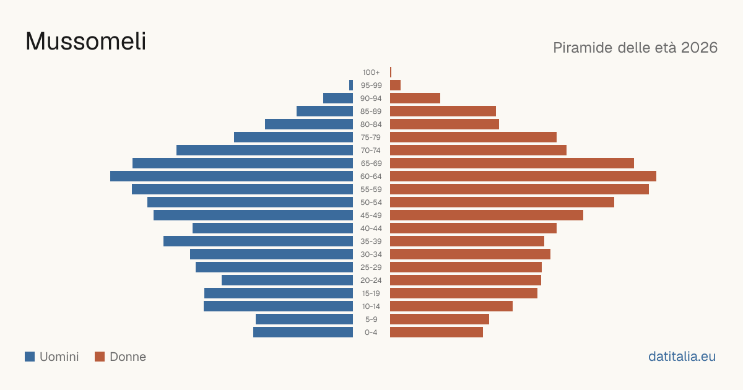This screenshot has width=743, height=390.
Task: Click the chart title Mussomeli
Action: click(x=85, y=41)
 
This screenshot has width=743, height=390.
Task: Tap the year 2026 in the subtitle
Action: click(x=699, y=48)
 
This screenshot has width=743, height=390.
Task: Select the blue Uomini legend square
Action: click(x=30, y=357)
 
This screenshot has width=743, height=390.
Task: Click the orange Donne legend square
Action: click(x=100, y=357)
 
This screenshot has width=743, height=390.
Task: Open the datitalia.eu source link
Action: click(x=682, y=357)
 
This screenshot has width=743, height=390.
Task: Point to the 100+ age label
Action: click(x=371, y=72)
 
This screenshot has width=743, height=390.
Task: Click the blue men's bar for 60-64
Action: click(x=232, y=176)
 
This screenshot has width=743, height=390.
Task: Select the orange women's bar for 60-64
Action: click(x=523, y=176)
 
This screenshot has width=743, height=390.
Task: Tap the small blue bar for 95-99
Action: click(x=351, y=85)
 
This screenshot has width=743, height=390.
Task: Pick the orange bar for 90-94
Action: click(x=415, y=98)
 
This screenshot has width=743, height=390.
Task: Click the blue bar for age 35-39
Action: click(x=258, y=241)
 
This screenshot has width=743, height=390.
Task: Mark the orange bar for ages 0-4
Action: click(x=437, y=332)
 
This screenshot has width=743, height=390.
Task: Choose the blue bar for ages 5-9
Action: click(x=304, y=319)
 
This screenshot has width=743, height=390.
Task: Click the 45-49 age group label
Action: click(x=371, y=215)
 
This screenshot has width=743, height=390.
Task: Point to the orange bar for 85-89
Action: click(x=443, y=111)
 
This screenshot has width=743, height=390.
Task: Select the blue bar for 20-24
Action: click(x=287, y=280)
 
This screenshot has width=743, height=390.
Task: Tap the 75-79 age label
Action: click(x=371, y=137)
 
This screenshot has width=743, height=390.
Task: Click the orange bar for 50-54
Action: click(x=502, y=202)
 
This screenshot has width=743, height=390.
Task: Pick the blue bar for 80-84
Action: click(x=309, y=124)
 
